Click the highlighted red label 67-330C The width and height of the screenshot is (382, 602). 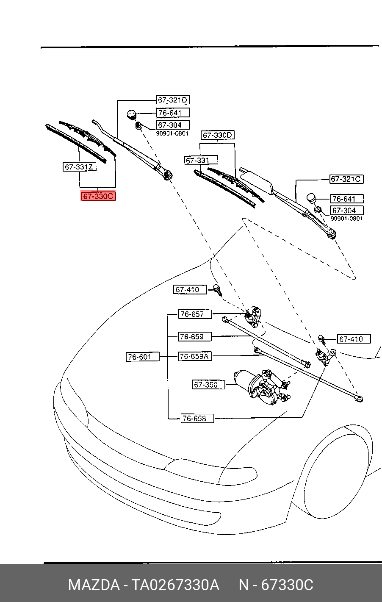click(x=98, y=197)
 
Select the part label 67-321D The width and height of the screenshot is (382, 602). click(x=172, y=100)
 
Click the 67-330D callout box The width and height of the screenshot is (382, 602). click(x=218, y=135)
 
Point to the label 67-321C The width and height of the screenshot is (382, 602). click(x=346, y=179)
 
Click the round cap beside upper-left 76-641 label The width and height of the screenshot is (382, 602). click(x=132, y=114)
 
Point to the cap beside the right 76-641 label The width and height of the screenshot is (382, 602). click(x=312, y=198)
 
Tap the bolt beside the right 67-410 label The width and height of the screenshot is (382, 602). click(x=321, y=338)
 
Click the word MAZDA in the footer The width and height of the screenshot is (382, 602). click(x=94, y=585)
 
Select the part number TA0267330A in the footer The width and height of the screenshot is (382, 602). click(x=175, y=585)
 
